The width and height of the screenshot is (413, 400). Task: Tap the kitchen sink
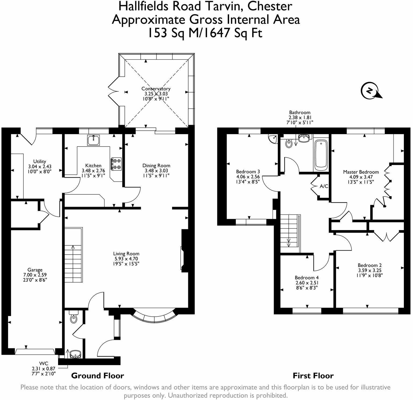[93, 140]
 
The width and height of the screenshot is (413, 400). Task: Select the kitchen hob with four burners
[116, 164]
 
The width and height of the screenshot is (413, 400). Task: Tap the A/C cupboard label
[324, 186]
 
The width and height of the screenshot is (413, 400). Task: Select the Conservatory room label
[156, 89]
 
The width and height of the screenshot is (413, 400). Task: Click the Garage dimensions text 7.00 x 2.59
[35, 275]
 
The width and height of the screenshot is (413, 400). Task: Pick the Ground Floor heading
[97, 376]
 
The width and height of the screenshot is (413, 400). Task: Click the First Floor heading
[313, 376]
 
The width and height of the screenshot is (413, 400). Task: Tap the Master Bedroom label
[361, 172]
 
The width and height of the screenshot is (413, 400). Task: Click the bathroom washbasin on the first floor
[304, 139]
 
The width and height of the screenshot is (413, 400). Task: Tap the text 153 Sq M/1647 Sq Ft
[206, 33]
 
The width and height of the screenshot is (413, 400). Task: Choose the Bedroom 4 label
[307, 278]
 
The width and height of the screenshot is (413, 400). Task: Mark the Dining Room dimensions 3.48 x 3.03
[156, 170]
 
